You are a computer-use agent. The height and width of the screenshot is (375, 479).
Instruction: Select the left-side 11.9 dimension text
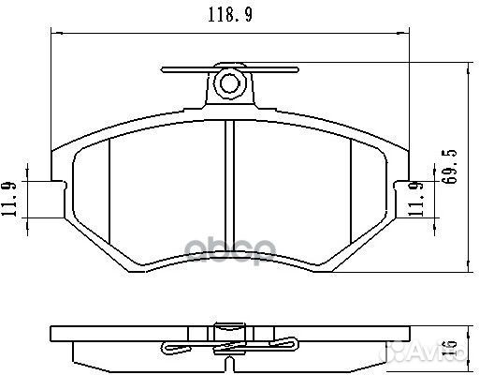[x=10, y=199]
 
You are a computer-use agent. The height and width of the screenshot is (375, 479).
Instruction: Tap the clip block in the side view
[x=227, y=331]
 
